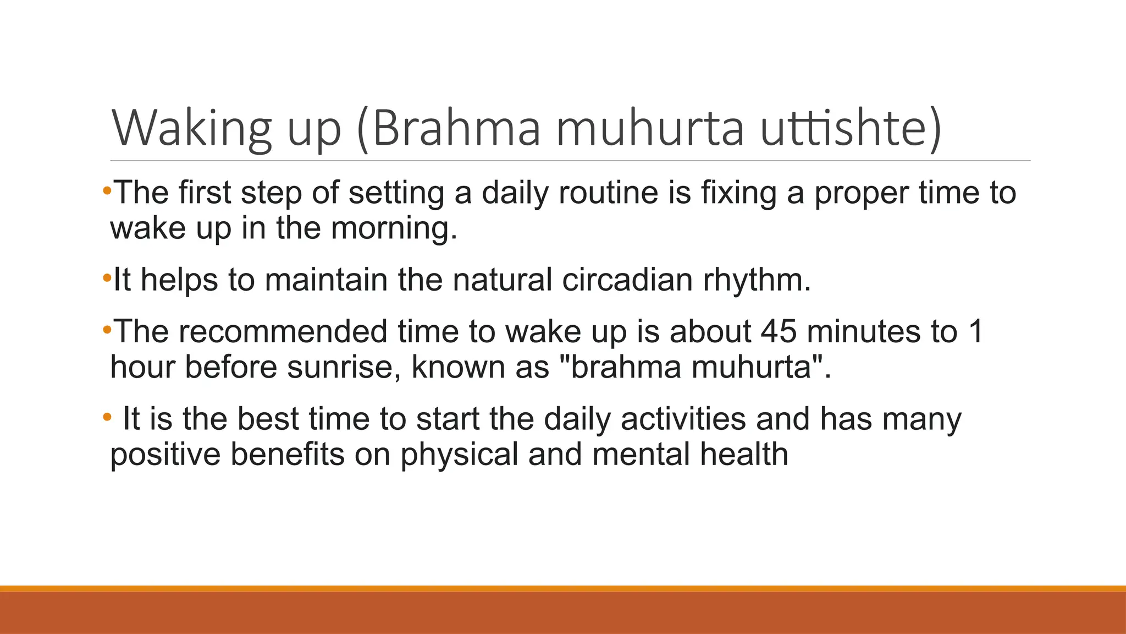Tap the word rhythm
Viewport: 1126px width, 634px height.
[x=756, y=281]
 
